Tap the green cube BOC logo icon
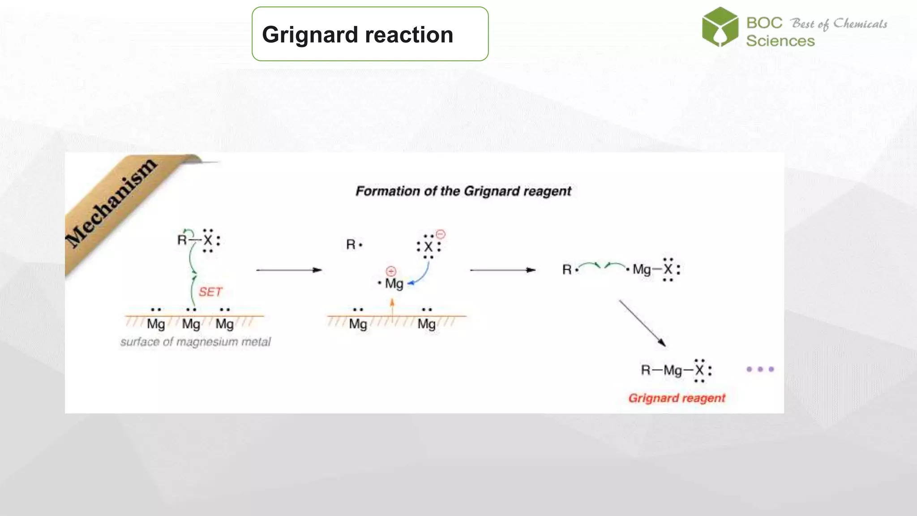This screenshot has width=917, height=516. pyautogui.click(x=720, y=27)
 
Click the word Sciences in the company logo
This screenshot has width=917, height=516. pyautogui.click(x=780, y=41)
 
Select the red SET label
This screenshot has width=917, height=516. pyautogui.click(x=210, y=292)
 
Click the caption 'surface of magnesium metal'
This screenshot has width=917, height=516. pyautogui.click(x=195, y=342)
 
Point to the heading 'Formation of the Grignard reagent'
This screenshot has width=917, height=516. pyautogui.click(x=463, y=191)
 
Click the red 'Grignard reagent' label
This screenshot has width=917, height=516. pyautogui.click(x=676, y=398)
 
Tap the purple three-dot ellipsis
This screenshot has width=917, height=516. pyautogui.click(x=760, y=370)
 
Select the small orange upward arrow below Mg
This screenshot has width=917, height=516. pyautogui.click(x=392, y=309)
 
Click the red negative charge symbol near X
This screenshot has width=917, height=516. pyautogui.click(x=441, y=234)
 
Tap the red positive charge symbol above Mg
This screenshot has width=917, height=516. pyautogui.click(x=391, y=271)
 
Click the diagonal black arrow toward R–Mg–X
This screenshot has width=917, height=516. pyautogui.click(x=642, y=323)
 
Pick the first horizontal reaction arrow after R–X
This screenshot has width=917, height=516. pyautogui.click(x=289, y=270)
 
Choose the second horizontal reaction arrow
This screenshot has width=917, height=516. pyautogui.click(x=502, y=270)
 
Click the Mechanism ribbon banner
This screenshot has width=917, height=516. pyautogui.click(x=112, y=204)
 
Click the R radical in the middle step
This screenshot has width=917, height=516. pyautogui.click(x=351, y=245)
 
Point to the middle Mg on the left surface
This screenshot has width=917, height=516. pyautogui.click(x=191, y=324)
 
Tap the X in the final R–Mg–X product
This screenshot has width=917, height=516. pyautogui.click(x=699, y=370)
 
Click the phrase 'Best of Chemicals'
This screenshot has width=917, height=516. pyautogui.click(x=839, y=24)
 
